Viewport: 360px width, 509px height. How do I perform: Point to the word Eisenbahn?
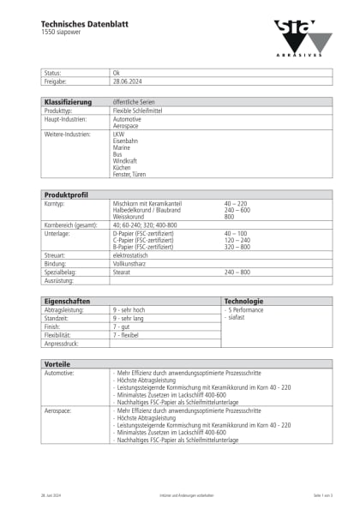pyautogui.click(x=125, y=140)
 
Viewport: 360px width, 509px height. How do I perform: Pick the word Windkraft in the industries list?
pyautogui.click(x=125, y=160)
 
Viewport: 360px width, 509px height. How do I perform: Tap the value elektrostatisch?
pyautogui.click(x=133, y=255)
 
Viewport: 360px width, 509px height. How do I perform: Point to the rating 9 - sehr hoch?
pyautogui.click(x=130, y=309)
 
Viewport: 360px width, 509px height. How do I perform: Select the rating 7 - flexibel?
pyautogui.click(x=129, y=334)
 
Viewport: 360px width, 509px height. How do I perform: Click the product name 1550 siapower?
pyautogui.click(x=63, y=33)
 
